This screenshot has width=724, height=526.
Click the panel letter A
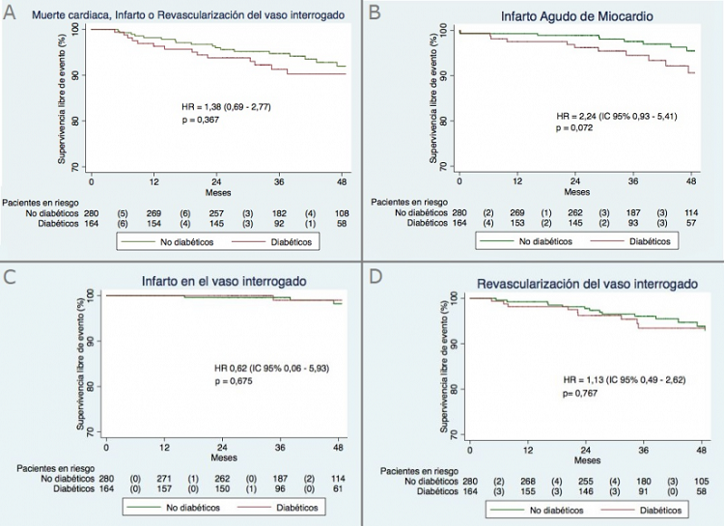(11, 13)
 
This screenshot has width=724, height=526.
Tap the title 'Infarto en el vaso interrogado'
(224, 280)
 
